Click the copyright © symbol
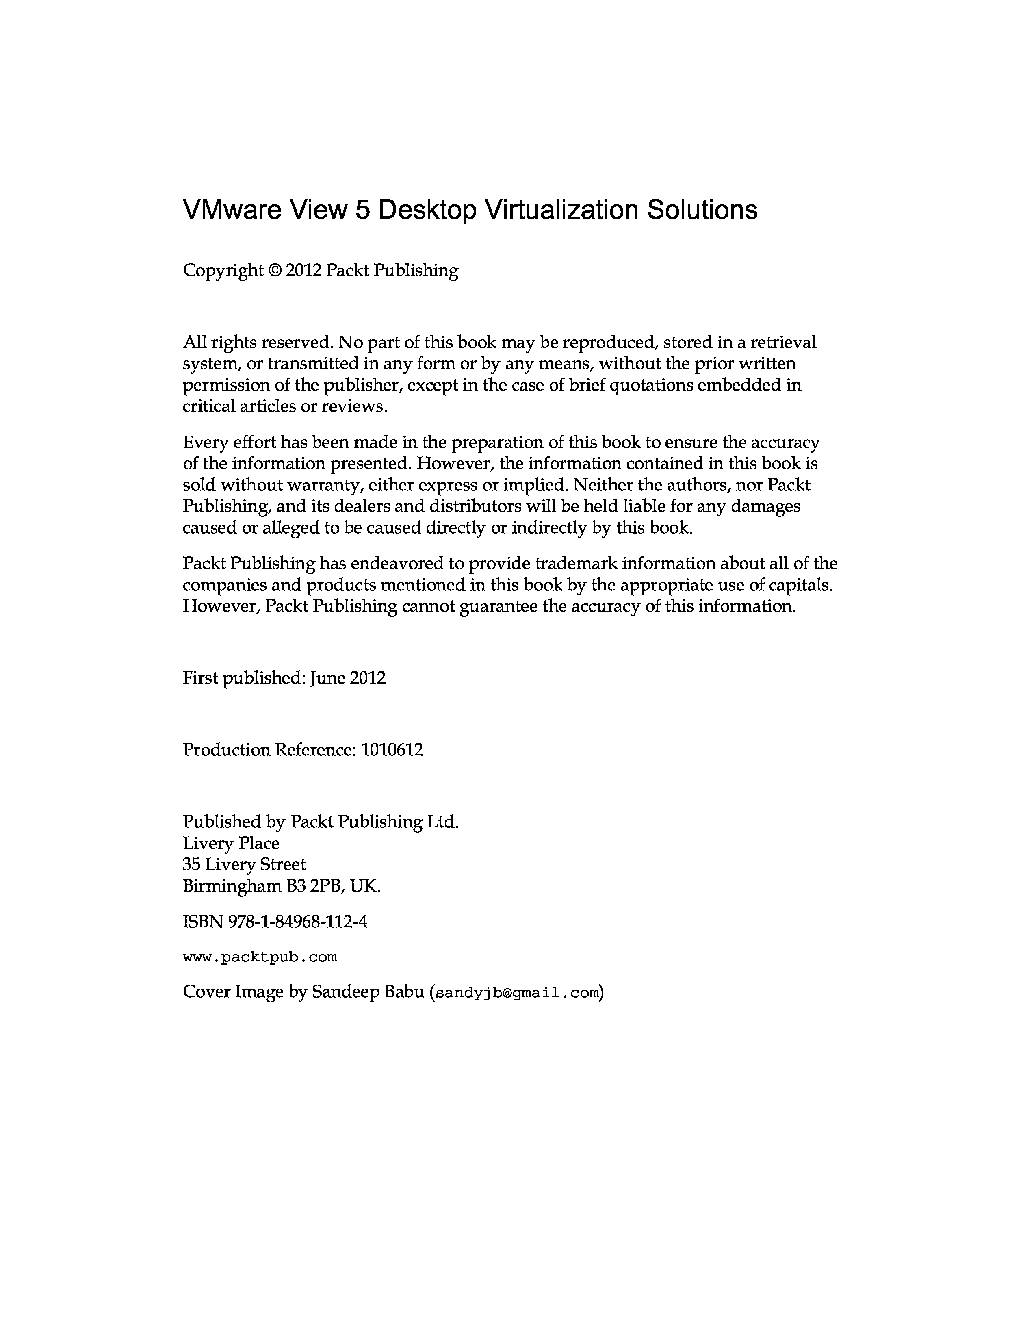274,271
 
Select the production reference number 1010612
392,750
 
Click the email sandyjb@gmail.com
517,993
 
